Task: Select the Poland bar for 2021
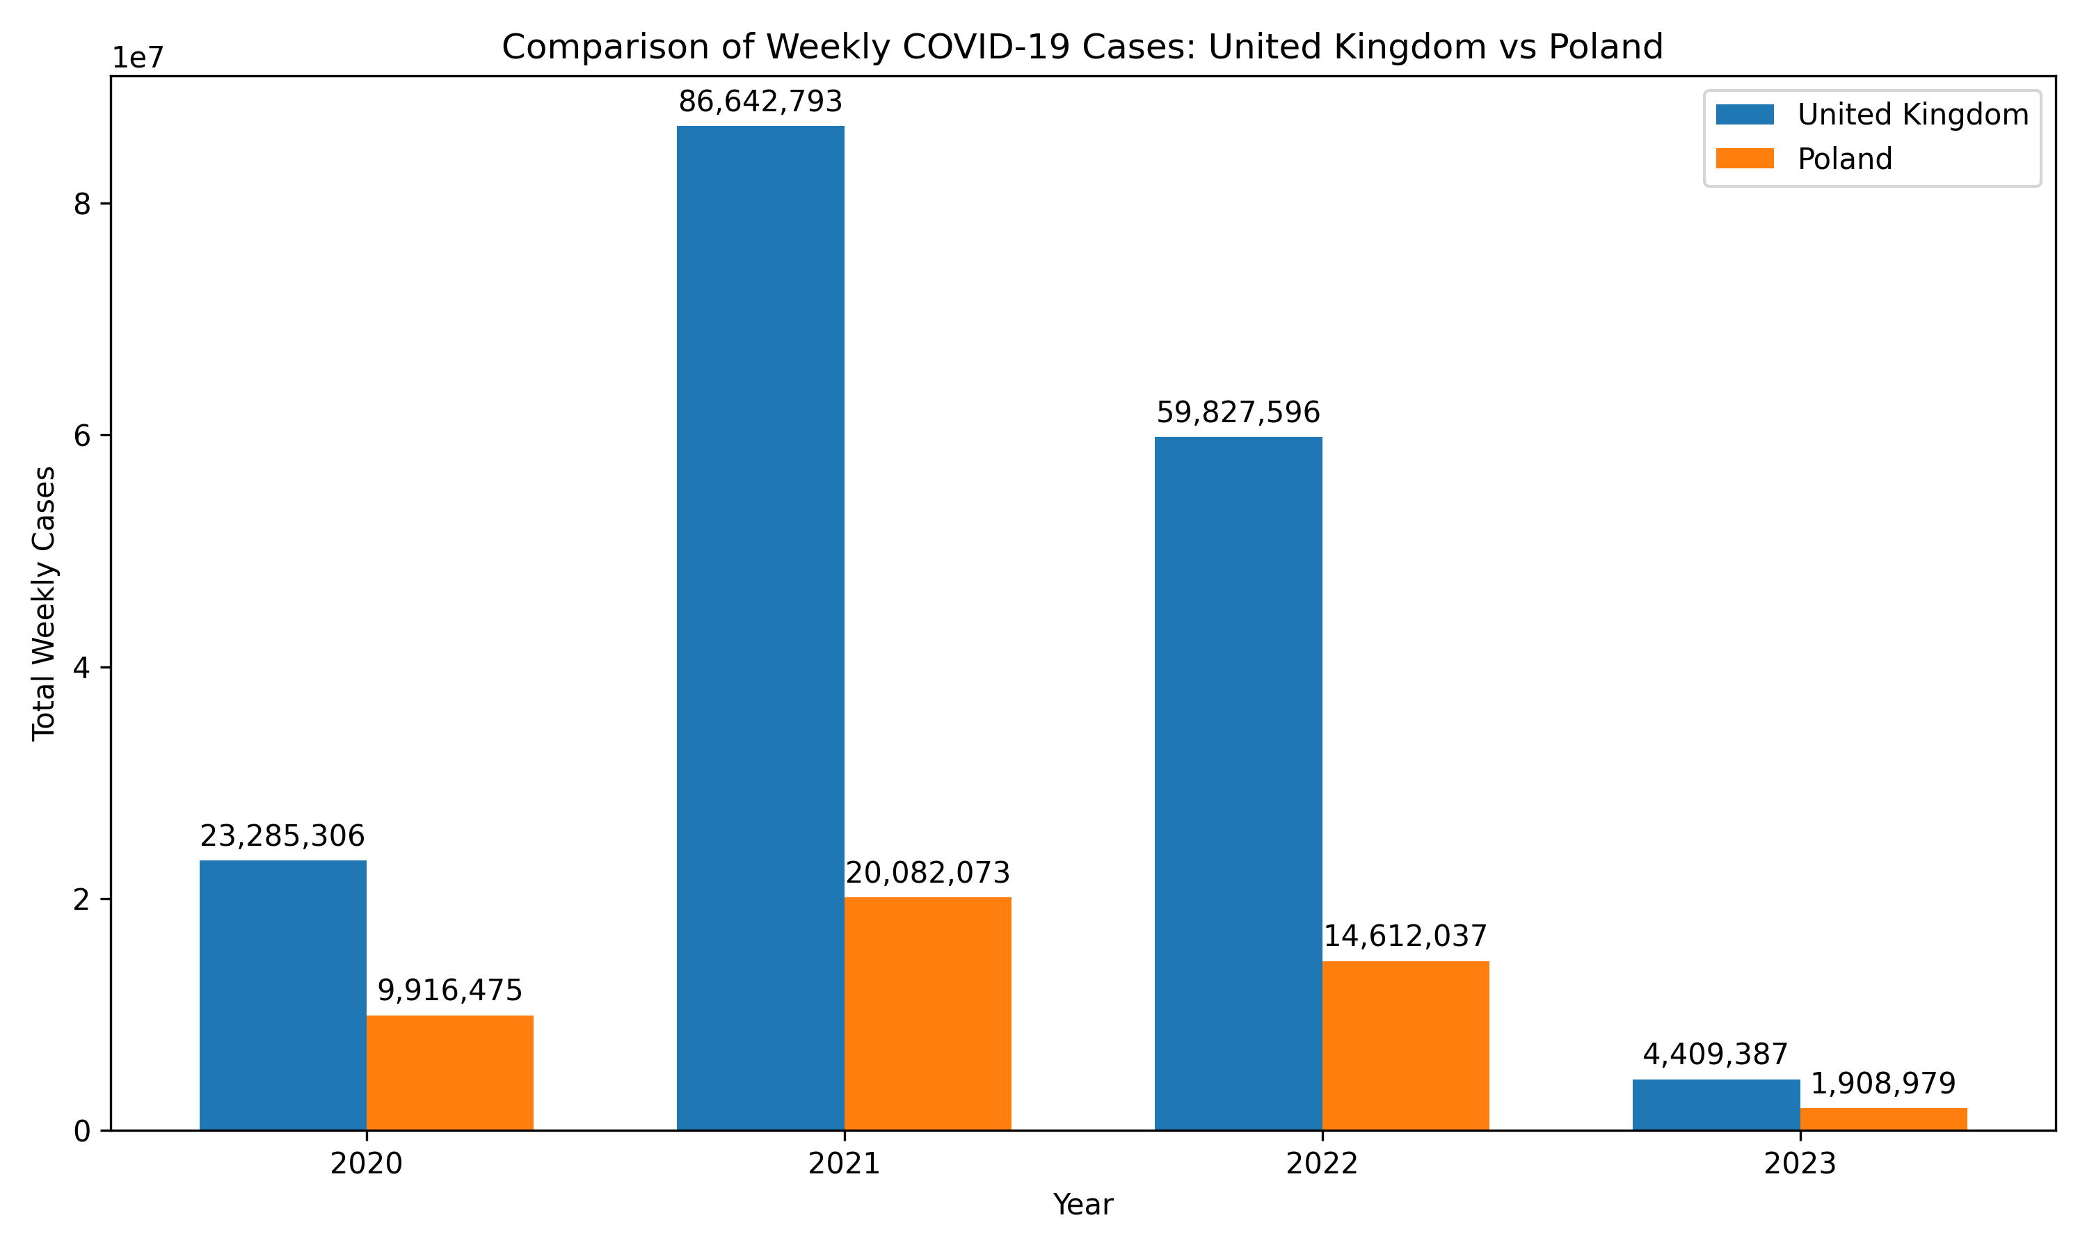(x=927, y=1013)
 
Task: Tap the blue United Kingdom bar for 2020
(x=282, y=995)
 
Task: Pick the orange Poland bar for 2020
(x=449, y=1073)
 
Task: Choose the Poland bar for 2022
(x=1405, y=1045)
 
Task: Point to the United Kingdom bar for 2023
(x=1716, y=1105)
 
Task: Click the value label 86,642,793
(x=760, y=102)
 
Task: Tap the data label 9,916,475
(x=449, y=990)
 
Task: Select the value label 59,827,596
(x=1238, y=412)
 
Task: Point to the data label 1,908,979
(x=1883, y=1083)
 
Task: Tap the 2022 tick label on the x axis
(x=1322, y=1164)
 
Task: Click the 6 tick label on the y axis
(x=82, y=435)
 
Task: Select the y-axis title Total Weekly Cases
(x=44, y=603)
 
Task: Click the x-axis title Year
(x=1082, y=1205)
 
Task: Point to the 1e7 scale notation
(x=138, y=58)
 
